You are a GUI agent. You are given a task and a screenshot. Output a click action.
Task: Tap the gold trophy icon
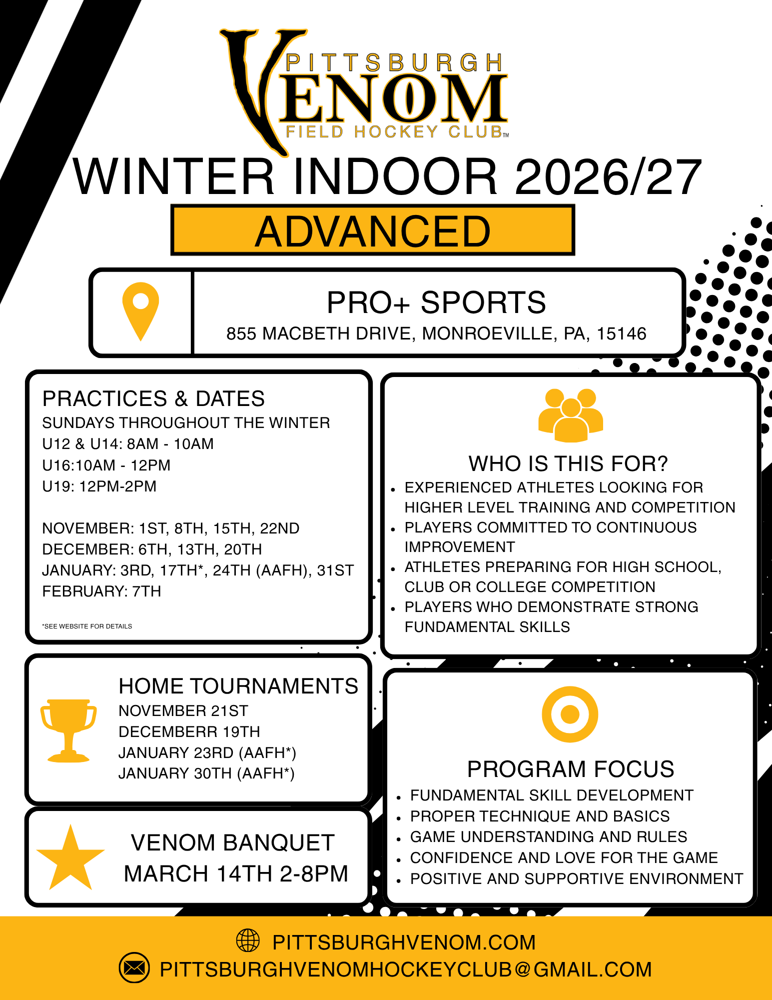[68, 730]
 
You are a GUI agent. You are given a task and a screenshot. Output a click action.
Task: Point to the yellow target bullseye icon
[570, 714]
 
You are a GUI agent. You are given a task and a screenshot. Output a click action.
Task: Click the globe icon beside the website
[248, 940]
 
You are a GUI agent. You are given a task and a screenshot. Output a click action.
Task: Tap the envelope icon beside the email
[134, 968]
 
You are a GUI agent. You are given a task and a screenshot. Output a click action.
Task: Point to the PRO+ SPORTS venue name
[436, 302]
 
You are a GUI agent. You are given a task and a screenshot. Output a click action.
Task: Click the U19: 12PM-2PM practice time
[99, 486]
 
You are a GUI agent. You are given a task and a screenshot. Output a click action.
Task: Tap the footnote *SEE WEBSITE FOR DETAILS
[87, 626]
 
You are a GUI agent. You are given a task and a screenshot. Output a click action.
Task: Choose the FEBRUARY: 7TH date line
[102, 591]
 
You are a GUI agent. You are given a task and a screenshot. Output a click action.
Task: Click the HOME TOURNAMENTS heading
[238, 686]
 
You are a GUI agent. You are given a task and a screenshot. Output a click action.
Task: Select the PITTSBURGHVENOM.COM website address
[404, 942]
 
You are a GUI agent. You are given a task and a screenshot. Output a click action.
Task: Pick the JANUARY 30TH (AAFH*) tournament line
[206, 773]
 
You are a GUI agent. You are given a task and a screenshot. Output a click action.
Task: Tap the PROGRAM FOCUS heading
[571, 769]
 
